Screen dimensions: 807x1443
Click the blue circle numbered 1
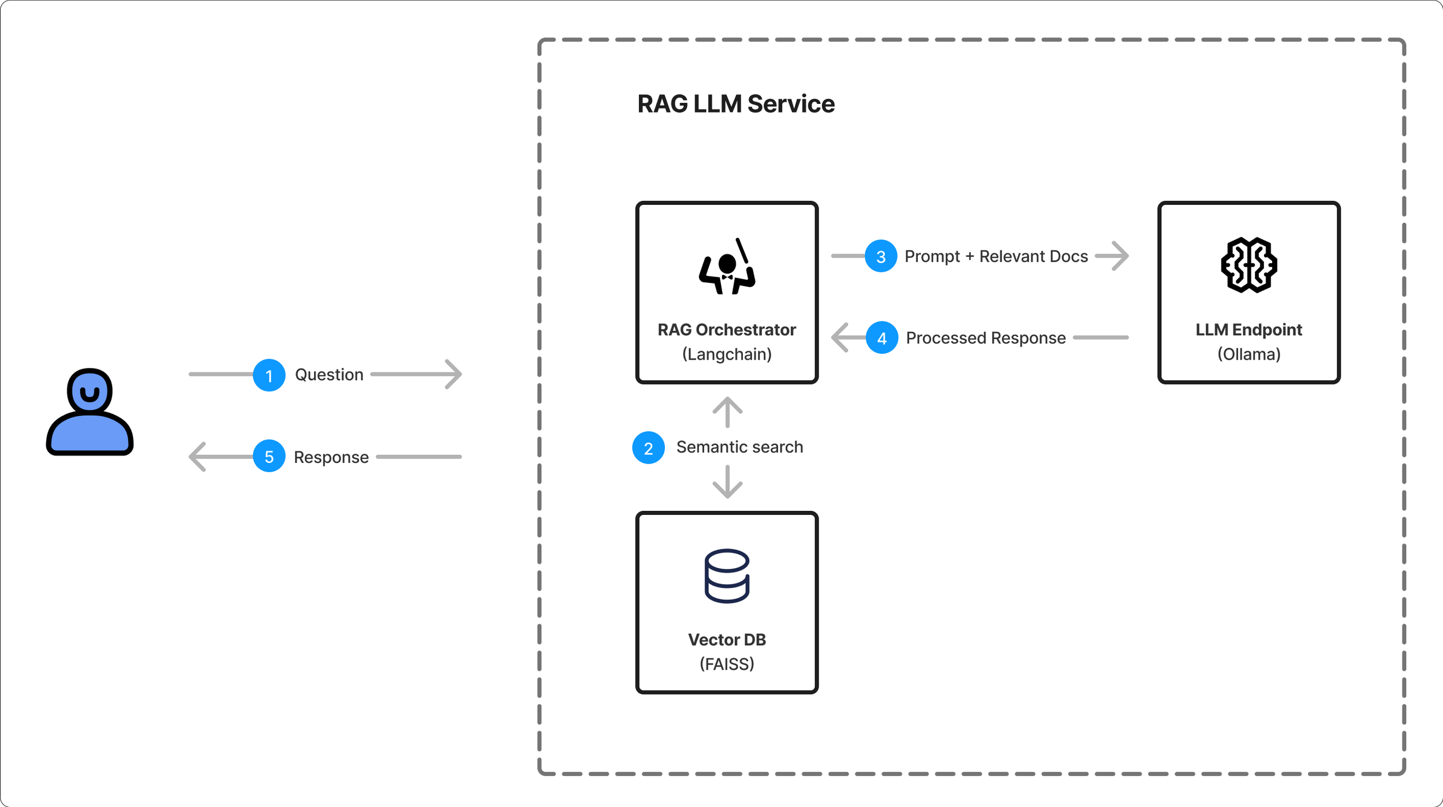(x=269, y=375)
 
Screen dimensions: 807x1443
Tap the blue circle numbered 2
(x=648, y=447)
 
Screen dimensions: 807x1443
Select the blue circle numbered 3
(x=881, y=256)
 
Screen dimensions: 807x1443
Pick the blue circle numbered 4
(x=882, y=337)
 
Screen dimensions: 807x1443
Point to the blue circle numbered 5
(x=269, y=456)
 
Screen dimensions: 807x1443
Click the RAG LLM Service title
(x=736, y=104)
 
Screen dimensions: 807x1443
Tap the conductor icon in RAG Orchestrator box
(x=727, y=267)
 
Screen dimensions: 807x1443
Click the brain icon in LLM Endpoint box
(x=1248, y=265)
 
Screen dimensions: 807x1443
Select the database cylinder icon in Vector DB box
(x=727, y=576)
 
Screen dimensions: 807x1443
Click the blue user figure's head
(x=89, y=391)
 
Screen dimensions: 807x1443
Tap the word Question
(x=329, y=375)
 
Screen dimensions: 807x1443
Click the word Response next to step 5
(x=331, y=457)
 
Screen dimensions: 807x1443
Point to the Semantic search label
(x=739, y=447)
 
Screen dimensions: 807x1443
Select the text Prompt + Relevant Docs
(x=996, y=256)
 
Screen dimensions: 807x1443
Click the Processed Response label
(x=985, y=338)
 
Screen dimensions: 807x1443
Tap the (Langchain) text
(x=727, y=354)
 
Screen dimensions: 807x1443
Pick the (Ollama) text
(x=1248, y=354)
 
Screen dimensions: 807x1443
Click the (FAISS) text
(x=727, y=664)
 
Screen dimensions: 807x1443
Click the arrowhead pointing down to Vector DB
(x=727, y=491)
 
